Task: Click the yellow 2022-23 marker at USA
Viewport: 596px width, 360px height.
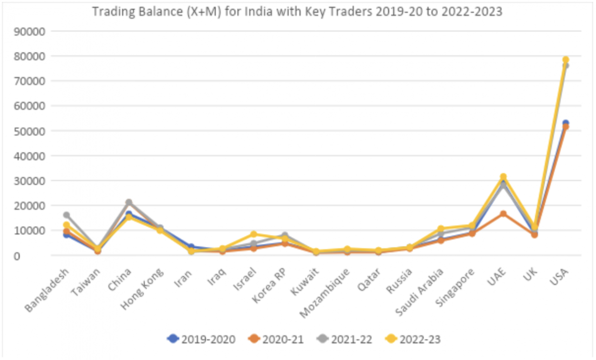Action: [x=565, y=60]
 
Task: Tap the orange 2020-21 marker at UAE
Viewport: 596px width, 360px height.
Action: [x=503, y=214]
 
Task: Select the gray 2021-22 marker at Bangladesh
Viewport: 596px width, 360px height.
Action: [x=67, y=215]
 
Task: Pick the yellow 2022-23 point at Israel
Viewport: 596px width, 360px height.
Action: [x=254, y=234]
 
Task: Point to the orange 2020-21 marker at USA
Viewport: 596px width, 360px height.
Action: [x=565, y=127]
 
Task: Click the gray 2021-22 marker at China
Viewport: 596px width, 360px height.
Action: [x=129, y=202]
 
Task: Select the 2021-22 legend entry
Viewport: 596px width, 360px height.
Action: [x=347, y=339]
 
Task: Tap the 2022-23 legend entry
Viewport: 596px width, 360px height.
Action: [x=416, y=339]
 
